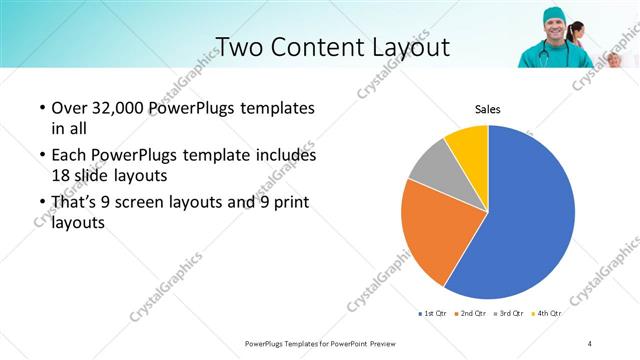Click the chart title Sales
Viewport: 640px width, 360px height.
487,109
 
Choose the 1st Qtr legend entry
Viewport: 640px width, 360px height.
433,314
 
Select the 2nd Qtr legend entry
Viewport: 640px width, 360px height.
474,314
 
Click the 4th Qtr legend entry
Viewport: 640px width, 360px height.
548,314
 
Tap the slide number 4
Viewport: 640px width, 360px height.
589,343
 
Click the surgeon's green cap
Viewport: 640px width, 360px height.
555,13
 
